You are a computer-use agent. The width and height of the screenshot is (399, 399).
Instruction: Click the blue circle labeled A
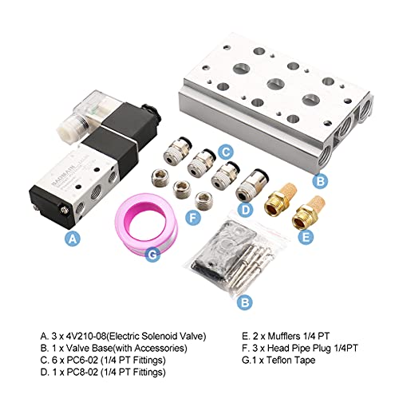[73, 239]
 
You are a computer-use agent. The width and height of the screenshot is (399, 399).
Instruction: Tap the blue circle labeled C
[226, 152]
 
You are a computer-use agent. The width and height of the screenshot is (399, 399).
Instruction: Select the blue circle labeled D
[246, 210]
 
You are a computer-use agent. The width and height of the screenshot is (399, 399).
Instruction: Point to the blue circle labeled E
[306, 237]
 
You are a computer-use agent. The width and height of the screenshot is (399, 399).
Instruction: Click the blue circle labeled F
[192, 218]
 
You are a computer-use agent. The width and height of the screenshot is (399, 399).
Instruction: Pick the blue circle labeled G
[152, 255]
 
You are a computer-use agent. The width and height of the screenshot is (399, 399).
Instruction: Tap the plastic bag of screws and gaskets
[234, 255]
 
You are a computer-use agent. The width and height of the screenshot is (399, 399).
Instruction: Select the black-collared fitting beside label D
[252, 186]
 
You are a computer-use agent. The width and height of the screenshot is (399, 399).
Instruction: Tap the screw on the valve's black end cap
[64, 211]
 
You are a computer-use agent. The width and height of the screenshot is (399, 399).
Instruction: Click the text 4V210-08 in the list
[79, 336]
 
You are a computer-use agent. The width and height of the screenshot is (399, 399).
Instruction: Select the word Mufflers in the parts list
[284, 336]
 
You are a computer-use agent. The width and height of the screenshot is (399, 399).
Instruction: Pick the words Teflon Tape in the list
[290, 360]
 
